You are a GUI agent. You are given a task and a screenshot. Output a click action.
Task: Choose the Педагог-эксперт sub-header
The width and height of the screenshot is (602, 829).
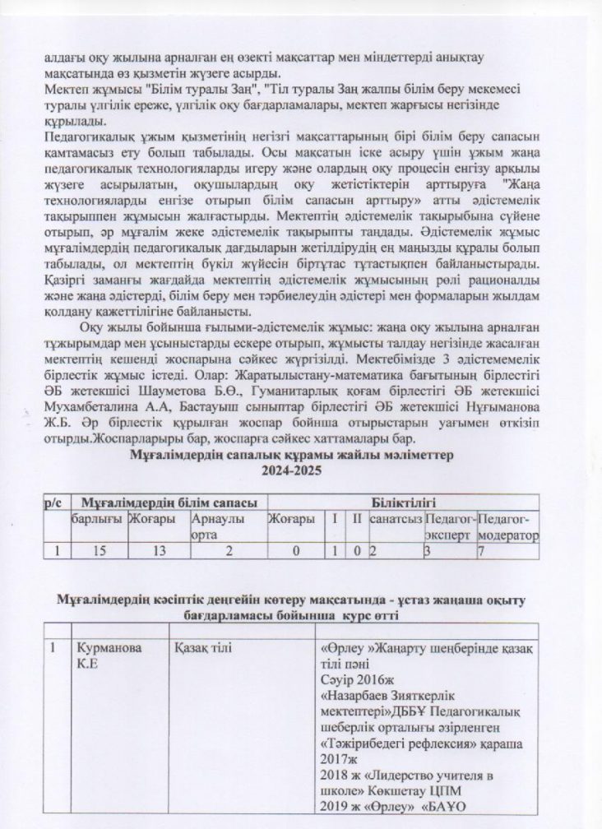click(x=450, y=527)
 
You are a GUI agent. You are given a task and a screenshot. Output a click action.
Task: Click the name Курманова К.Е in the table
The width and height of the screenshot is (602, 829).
click(x=104, y=656)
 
